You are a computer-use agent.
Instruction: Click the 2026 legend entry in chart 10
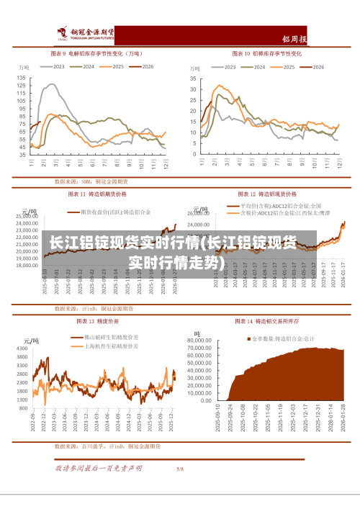tap(311, 67)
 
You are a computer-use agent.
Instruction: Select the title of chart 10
tap(271, 53)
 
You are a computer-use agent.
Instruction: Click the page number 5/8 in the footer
tap(180, 469)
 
